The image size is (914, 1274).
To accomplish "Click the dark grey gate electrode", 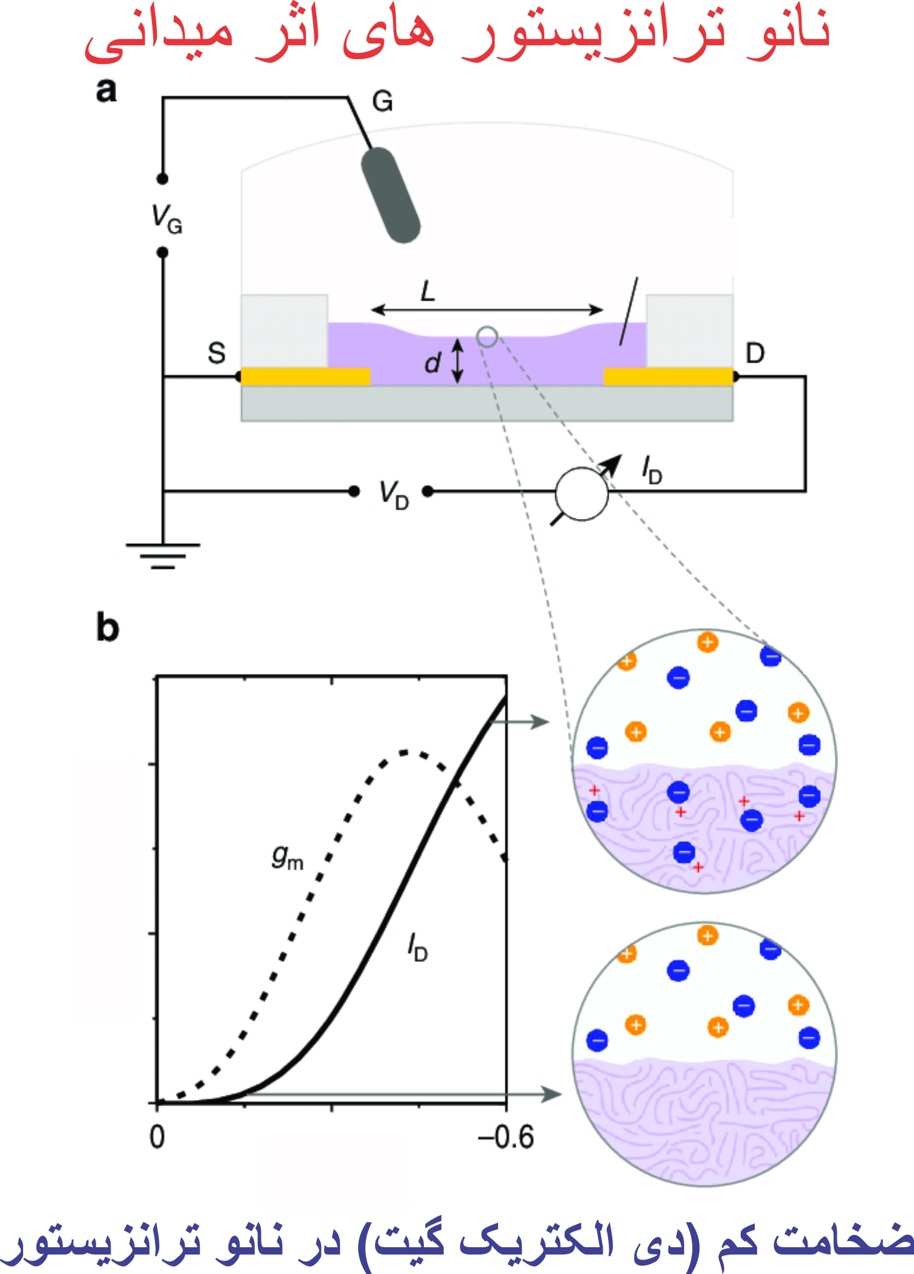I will point(390,195).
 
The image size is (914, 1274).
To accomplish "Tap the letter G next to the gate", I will point(383,101).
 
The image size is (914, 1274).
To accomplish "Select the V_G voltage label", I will point(166,219).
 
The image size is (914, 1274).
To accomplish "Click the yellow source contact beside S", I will point(305,377).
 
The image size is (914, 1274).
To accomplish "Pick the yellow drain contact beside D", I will point(668,377).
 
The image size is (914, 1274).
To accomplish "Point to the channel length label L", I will point(428,291).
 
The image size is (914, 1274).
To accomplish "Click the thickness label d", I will point(432,363).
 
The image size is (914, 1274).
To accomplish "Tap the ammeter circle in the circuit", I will point(582,494).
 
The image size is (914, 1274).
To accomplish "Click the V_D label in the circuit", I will point(393,494).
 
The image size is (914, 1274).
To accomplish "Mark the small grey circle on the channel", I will point(487,336).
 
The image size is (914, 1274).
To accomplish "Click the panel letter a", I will point(106,90).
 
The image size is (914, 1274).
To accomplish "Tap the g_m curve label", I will point(287,858).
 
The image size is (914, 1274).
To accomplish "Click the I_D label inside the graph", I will point(418,947).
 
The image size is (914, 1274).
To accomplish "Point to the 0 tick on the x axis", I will point(157,1137).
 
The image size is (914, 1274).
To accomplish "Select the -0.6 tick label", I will point(506,1137).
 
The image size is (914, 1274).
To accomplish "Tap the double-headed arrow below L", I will point(487,310).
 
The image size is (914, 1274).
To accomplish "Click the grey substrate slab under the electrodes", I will point(486,404).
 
